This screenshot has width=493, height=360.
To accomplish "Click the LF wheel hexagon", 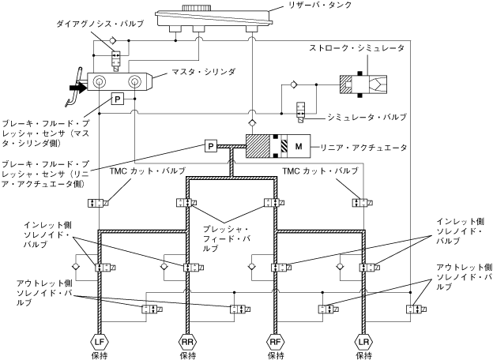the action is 100,342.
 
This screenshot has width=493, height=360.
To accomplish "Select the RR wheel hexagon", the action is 188,342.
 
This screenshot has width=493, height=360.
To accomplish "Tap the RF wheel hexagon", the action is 276,342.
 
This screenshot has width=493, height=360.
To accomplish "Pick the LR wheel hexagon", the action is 363,342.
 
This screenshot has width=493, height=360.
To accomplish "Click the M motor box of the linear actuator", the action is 299,146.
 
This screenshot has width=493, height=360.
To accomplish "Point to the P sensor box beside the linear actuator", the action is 211,146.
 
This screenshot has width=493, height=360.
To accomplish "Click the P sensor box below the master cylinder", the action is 117,99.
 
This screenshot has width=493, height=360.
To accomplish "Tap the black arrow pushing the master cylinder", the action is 77,88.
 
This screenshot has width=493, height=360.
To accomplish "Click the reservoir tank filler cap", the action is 197,8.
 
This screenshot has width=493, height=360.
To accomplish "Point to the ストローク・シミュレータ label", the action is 356,48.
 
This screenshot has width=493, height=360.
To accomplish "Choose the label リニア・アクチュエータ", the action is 363,147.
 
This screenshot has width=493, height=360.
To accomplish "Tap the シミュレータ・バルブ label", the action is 367,117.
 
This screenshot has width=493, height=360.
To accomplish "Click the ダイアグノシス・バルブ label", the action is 100,24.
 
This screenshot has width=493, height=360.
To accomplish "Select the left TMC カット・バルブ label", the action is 147,171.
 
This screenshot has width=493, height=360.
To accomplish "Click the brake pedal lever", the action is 74,88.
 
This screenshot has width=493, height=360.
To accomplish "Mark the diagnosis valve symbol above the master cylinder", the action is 115,62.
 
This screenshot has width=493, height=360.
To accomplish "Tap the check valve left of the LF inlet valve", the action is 76,267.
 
